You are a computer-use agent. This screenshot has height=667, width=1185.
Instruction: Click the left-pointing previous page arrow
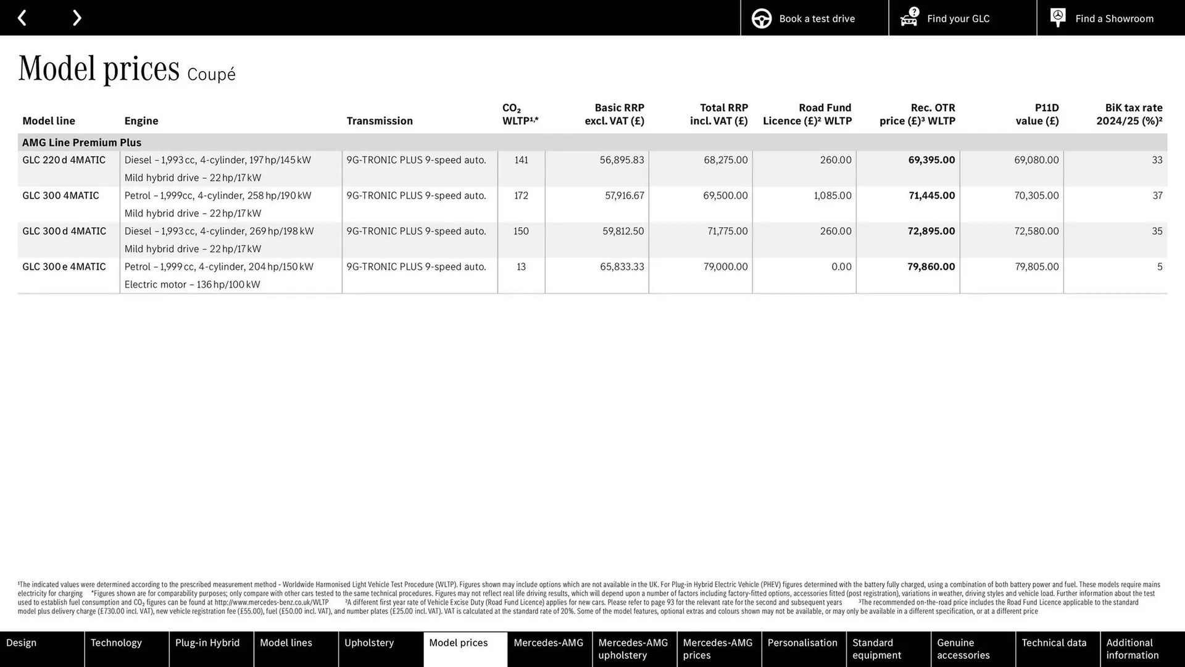point(22,18)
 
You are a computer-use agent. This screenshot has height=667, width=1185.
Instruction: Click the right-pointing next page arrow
point(77,18)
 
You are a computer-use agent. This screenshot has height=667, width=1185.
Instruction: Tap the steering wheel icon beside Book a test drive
point(761,19)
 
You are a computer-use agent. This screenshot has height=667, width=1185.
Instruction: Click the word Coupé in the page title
point(211,75)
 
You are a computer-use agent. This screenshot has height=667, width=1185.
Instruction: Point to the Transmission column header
point(380,121)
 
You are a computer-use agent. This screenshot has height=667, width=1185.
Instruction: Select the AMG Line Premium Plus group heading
point(81,143)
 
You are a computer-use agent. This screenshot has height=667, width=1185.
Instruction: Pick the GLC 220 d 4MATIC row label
point(64,160)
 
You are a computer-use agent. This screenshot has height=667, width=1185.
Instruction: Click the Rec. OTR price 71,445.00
point(931,196)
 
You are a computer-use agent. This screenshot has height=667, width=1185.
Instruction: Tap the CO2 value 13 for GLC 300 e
point(521,267)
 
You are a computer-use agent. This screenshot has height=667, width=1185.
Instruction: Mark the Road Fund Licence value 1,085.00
point(832,196)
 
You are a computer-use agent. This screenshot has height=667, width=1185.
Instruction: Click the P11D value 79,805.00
point(1036,267)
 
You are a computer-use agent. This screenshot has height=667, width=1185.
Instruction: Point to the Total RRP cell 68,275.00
point(725,160)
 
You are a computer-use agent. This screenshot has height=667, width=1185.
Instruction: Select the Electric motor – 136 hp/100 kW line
point(192,285)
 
